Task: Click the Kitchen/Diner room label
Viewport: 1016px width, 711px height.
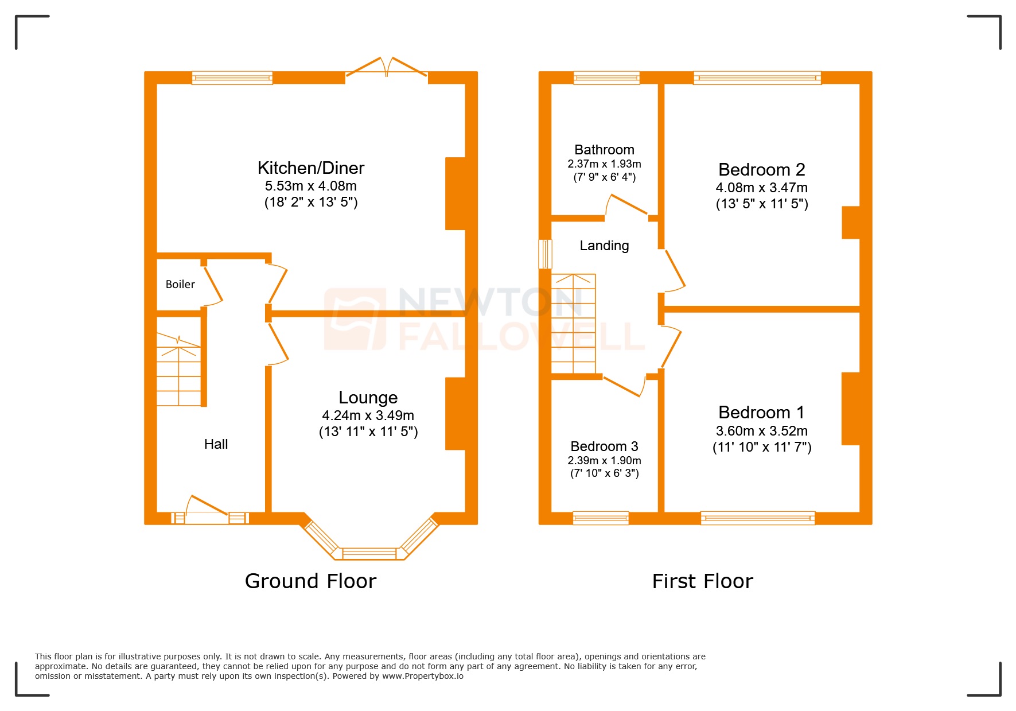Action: pyautogui.click(x=310, y=168)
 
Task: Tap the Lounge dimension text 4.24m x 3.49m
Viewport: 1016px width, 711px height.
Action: pyautogui.click(x=368, y=415)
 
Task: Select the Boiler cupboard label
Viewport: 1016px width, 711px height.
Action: pyautogui.click(x=180, y=284)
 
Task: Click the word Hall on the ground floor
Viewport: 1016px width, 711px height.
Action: pyautogui.click(x=216, y=444)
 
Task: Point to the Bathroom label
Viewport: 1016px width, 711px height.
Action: pyautogui.click(x=604, y=150)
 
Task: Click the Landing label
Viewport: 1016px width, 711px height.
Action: pyautogui.click(x=604, y=246)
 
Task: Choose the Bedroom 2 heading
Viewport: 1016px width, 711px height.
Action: pyautogui.click(x=761, y=170)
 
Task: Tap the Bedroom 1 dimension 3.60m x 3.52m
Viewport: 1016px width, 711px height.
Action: pyautogui.click(x=761, y=431)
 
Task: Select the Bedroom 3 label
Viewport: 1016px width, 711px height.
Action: pyautogui.click(x=604, y=446)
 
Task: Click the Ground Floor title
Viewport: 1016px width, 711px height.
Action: pyautogui.click(x=310, y=581)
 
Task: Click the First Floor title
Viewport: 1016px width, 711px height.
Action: pyautogui.click(x=702, y=581)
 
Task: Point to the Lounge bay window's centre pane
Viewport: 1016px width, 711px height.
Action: pyautogui.click(x=369, y=554)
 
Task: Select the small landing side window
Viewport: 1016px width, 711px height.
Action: pyautogui.click(x=545, y=254)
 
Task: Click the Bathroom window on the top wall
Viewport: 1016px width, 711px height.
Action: pyautogui.click(x=606, y=78)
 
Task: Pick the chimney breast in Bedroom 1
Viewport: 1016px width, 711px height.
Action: pyautogui.click(x=850, y=409)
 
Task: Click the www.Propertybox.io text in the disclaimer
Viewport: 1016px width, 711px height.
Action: pyautogui.click(x=422, y=676)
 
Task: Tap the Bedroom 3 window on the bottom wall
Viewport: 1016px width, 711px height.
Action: pyautogui.click(x=601, y=518)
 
